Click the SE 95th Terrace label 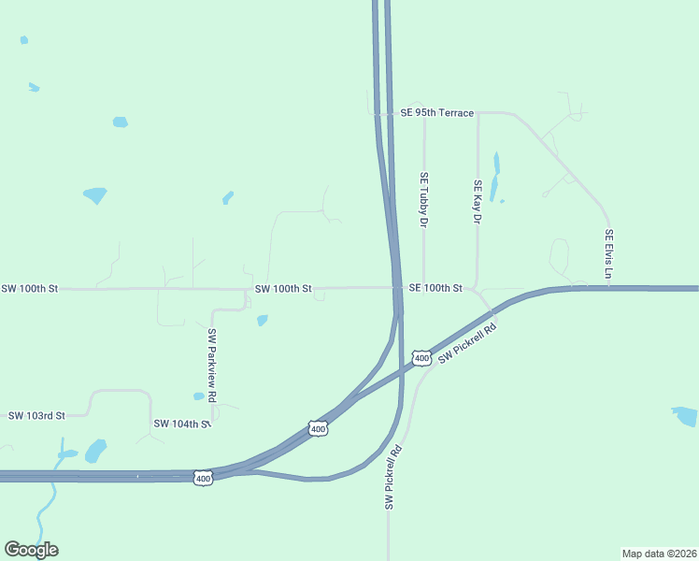pos(436,113)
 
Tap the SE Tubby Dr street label pos(423,200)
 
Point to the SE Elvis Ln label pos(608,254)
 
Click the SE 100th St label pos(435,289)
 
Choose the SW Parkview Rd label pos(212,366)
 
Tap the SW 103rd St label pos(36,415)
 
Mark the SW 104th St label pos(182,424)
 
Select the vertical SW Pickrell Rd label pos(394,477)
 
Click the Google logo pos(31,550)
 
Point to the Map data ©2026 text pos(660,554)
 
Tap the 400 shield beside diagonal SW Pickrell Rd pos(421,358)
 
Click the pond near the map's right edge pos(685,415)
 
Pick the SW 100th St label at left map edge pos(30,289)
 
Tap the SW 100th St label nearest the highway pos(282,289)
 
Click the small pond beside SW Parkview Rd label pos(198,396)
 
